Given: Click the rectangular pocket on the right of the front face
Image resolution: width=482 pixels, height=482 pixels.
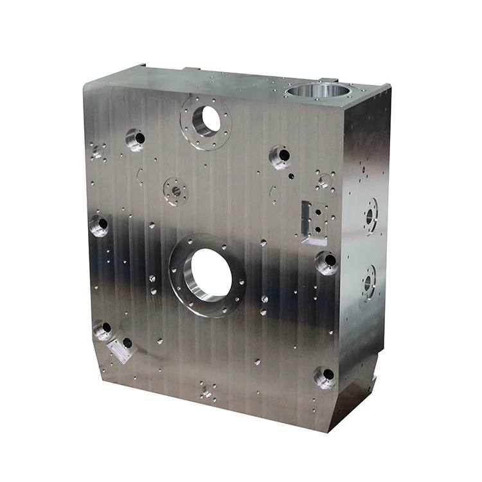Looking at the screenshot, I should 315,222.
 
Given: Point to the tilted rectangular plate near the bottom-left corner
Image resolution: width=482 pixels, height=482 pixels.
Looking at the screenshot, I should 121,350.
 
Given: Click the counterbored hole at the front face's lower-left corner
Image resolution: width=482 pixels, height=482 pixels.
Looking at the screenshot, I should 103,330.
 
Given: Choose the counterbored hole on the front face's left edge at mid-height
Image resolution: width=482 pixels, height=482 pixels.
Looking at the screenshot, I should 99,225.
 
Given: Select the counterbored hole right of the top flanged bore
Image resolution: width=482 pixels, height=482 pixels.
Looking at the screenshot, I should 280,156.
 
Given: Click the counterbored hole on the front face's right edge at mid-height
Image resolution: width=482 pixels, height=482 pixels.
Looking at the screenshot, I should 326,262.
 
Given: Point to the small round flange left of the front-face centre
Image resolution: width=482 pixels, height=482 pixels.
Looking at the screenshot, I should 175,190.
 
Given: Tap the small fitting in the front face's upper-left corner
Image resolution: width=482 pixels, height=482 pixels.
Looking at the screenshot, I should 98,152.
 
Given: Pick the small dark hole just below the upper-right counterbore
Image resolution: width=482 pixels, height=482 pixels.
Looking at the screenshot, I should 290,175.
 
